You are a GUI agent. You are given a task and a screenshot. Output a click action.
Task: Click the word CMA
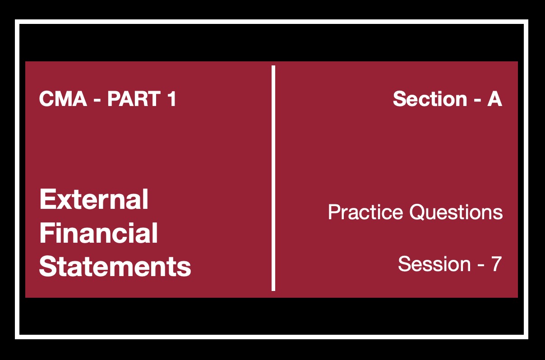pos(63,99)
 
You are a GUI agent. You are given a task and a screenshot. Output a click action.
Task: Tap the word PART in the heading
pos(134,99)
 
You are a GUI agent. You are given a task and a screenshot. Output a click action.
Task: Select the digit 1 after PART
pos(172,99)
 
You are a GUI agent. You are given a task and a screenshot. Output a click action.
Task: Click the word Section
pos(430,99)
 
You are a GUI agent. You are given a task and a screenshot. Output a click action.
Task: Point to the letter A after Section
pos(494,99)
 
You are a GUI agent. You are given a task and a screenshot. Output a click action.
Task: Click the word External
pos(94,199)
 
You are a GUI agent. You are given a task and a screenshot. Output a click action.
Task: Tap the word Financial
pos(98,233)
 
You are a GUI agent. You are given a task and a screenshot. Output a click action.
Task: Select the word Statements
pos(115,266)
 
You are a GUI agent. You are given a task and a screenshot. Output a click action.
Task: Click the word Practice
pos(365,212)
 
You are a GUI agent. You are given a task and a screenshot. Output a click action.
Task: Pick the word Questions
pos(456,212)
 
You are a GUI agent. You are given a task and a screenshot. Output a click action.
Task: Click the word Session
pos(434,264)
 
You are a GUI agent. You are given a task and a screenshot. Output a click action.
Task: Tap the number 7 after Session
pos(497,264)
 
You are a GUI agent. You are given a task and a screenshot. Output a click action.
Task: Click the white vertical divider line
pos(273,178)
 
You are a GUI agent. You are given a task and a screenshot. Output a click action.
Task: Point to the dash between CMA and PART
pos(97,100)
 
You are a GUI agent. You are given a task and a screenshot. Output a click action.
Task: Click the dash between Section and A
pos(477,100)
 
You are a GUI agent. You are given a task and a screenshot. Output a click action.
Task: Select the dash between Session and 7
pos(481,265)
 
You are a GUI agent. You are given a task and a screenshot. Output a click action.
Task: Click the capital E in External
pos(47,199)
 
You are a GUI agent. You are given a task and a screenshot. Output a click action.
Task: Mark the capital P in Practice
pos(335,212)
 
